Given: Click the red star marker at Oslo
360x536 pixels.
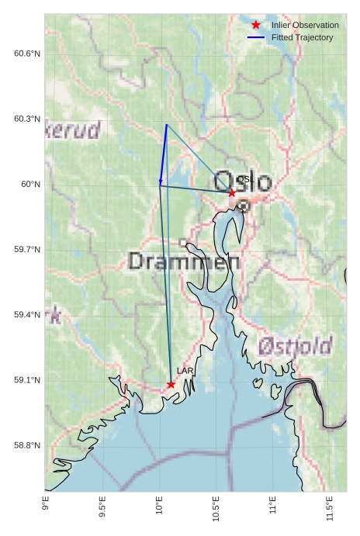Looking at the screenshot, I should pos(232,192).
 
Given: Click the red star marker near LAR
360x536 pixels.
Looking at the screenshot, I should pos(171,384).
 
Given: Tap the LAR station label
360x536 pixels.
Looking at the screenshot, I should pos(185,372).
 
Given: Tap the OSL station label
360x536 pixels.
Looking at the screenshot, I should pos(244,179).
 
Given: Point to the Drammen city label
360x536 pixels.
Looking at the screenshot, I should pos(184,261).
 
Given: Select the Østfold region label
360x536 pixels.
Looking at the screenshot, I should pos(295,345).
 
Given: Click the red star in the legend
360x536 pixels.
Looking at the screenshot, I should pos(256,25).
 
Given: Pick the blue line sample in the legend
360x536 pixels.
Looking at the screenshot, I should pos(256,37).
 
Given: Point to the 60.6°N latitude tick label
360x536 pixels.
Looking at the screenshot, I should pos(27,54).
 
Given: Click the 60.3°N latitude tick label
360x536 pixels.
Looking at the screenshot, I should pos(27,119).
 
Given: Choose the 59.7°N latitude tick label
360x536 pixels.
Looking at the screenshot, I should pos(27,250).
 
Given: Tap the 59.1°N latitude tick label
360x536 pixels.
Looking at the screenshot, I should pos(27,380).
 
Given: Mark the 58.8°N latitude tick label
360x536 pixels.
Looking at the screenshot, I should pos(27,445).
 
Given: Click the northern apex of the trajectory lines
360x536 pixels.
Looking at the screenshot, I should pos(166,124).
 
